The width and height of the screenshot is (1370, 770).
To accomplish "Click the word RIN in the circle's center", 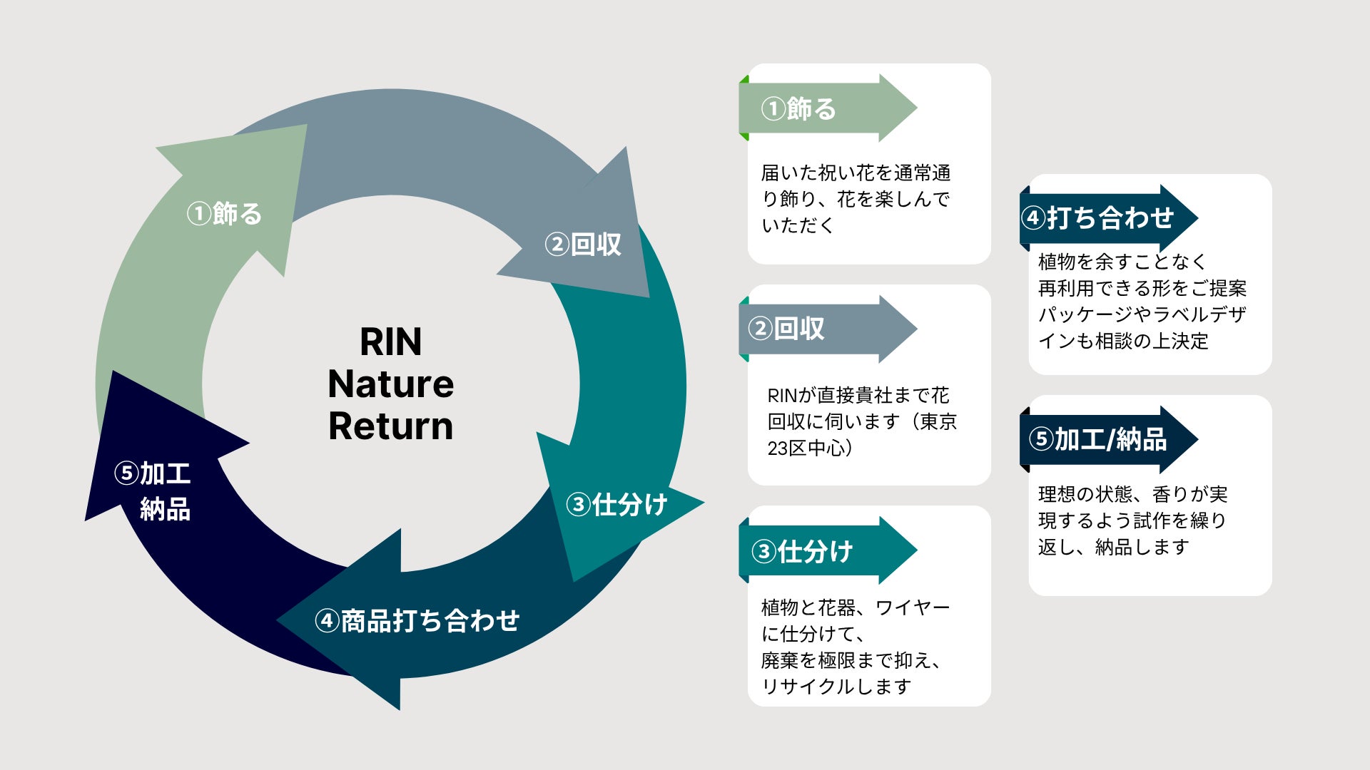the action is tap(390, 342).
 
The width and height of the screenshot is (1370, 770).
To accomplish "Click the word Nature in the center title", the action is tap(390, 384).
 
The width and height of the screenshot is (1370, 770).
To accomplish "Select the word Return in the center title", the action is tap(390, 426).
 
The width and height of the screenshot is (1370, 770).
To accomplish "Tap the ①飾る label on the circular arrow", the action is tap(224, 213).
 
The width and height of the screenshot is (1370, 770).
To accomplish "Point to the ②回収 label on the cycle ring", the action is tap(583, 245).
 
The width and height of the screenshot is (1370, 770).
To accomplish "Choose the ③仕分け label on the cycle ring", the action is tap(616, 504).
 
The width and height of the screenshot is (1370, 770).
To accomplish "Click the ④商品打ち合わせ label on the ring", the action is tap(417, 620).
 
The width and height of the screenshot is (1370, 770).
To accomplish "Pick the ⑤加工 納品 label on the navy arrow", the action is tap(153, 491).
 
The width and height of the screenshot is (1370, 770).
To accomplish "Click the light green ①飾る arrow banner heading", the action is tap(828, 108).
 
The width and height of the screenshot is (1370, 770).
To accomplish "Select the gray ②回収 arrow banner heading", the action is tap(828, 329).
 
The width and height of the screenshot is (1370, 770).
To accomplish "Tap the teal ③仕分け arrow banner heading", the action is tap(828, 550).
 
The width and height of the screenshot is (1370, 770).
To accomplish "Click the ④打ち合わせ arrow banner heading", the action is tap(1109, 217).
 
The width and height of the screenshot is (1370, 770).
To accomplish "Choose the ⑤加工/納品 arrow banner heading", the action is tap(1109, 439).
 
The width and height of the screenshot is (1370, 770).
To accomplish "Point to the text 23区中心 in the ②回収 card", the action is tap(806, 448).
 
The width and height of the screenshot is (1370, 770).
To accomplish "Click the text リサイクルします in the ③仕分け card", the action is tap(836, 686).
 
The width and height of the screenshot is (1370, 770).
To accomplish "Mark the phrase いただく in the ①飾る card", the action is tap(798, 225).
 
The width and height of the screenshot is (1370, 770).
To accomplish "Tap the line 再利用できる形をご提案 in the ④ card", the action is tap(1142, 288).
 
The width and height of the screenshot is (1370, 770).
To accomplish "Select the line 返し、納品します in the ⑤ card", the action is tap(1114, 547).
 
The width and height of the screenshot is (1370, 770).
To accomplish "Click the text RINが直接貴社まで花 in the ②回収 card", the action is tap(858, 395).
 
